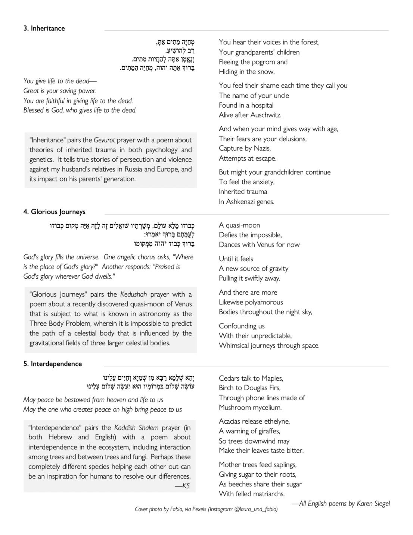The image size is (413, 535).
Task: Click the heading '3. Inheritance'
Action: pos(44,28)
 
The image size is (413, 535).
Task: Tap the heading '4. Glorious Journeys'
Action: pos(55,212)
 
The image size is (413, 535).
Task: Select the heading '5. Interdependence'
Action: pos(53,364)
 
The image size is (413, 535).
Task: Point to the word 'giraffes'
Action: pos(267,431)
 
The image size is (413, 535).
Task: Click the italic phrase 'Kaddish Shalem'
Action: pos(136,428)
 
